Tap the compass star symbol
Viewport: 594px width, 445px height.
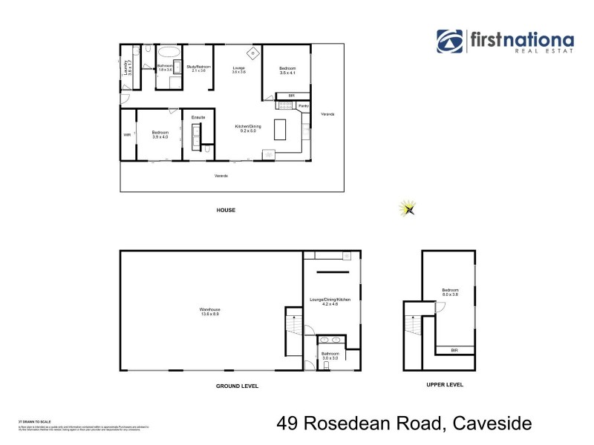[x=408, y=209]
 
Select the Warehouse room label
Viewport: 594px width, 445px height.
[x=210, y=311]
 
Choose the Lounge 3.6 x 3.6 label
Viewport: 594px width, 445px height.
[x=238, y=70]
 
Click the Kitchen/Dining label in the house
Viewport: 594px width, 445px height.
[x=249, y=129]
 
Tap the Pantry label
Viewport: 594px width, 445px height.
[x=304, y=107]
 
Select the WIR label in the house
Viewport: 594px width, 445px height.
[x=127, y=135]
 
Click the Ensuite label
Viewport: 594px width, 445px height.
[x=198, y=118]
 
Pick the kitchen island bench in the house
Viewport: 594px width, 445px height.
[x=281, y=130]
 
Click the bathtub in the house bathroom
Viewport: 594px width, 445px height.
[x=169, y=52]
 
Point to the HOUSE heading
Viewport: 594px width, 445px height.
[x=226, y=211]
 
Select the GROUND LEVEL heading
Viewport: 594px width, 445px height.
[x=237, y=386]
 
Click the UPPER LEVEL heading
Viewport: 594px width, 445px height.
[x=445, y=385]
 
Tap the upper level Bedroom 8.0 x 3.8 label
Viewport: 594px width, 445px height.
[x=450, y=292]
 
